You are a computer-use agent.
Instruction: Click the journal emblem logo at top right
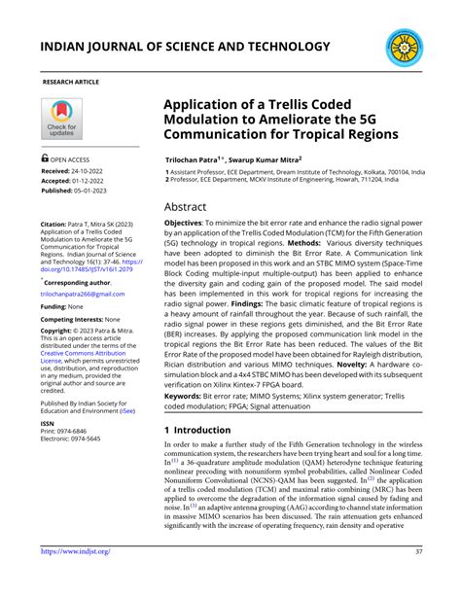click(404, 47)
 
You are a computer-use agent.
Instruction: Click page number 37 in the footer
click(418, 578)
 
